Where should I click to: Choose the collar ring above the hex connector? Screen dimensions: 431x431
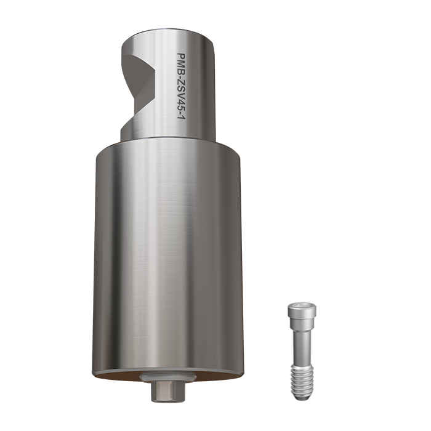click(x=163, y=377)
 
